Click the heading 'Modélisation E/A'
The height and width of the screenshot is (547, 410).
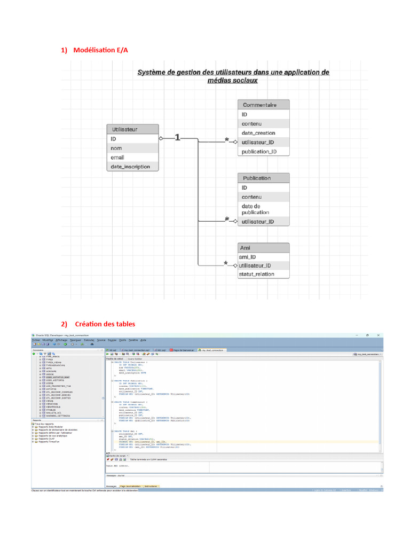101,50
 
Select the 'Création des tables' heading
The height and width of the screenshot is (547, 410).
105,324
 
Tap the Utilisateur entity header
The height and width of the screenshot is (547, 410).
133,129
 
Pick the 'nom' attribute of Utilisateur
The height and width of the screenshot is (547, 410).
116,148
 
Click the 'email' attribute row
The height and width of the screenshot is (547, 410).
117,157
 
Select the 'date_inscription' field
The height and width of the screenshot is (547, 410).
130,167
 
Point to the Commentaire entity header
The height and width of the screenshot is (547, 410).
264,105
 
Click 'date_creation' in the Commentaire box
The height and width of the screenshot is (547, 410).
258,133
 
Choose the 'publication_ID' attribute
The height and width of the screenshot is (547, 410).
259,152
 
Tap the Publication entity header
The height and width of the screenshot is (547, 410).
264,178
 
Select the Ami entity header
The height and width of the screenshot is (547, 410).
264,248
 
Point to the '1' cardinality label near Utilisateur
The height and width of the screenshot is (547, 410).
178,137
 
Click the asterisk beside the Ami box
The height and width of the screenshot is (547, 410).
226,263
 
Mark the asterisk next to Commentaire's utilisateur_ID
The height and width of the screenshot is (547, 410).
227,140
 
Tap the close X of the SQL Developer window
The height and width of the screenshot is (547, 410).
379,335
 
